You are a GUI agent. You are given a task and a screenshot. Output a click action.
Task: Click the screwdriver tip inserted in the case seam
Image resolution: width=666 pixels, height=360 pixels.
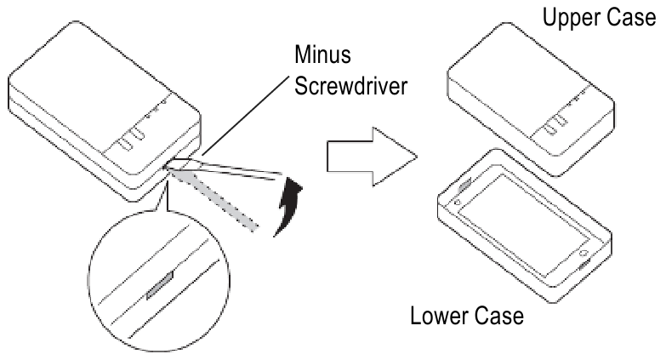(x=175, y=167)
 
